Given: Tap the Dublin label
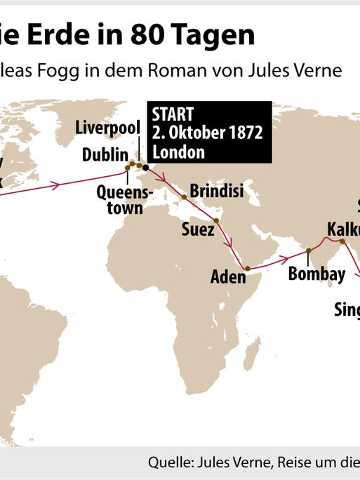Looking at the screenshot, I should coord(105,154).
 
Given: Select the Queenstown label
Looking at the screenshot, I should coord(119,199).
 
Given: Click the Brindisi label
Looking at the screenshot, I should coord(217,190).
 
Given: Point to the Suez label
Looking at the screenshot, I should coord(198,229).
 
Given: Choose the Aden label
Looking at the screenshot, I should coord(229,276).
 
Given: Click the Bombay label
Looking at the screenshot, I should coord(316,273).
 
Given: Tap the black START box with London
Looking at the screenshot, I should coord(208,132).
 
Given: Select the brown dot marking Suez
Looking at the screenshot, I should coord(216,221).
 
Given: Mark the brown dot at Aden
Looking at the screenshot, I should coord(247,268).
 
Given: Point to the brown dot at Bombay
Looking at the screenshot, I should coord(309,251).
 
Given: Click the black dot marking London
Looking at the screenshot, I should coord(146,167).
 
